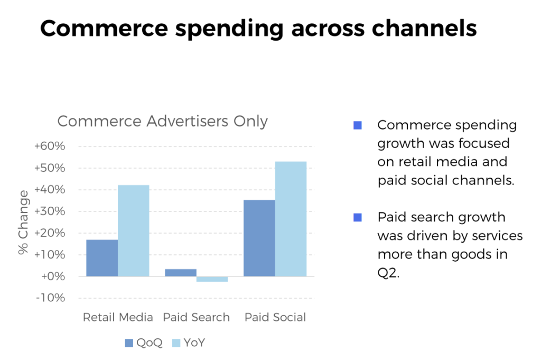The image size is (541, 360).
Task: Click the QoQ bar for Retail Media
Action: (102, 258)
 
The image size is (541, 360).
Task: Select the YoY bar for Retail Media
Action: (133, 230)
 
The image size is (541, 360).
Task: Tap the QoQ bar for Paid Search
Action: (181, 273)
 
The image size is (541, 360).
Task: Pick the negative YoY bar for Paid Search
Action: (212, 279)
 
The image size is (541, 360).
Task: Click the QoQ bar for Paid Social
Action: (259, 238)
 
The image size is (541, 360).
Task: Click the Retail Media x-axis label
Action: (118, 318)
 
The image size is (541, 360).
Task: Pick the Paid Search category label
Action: (197, 318)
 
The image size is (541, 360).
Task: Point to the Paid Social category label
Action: (275, 318)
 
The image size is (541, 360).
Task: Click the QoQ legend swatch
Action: (129, 343)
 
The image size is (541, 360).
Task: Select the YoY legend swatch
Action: (176, 343)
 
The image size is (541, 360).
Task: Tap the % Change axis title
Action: (24, 223)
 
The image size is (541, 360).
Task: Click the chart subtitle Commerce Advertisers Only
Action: (162, 122)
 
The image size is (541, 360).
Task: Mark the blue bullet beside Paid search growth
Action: (358, 217)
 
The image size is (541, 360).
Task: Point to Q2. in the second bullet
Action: (388, 273)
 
